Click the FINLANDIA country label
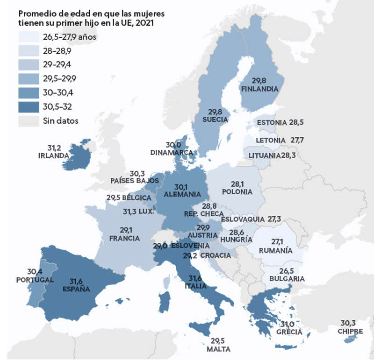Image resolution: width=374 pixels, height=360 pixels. tap(259, 89)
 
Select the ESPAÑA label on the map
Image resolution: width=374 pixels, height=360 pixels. tap(76, 289)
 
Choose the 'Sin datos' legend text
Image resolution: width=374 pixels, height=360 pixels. tap(60, 120)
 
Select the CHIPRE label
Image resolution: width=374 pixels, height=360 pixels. tap(351, 331)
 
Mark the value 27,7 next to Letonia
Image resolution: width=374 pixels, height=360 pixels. tap(297, 140)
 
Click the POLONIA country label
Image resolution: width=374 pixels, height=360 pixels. tap(238, 192)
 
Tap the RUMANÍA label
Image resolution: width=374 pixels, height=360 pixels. tap(277, 250)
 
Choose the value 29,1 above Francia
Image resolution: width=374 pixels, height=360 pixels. tap(124, 230)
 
